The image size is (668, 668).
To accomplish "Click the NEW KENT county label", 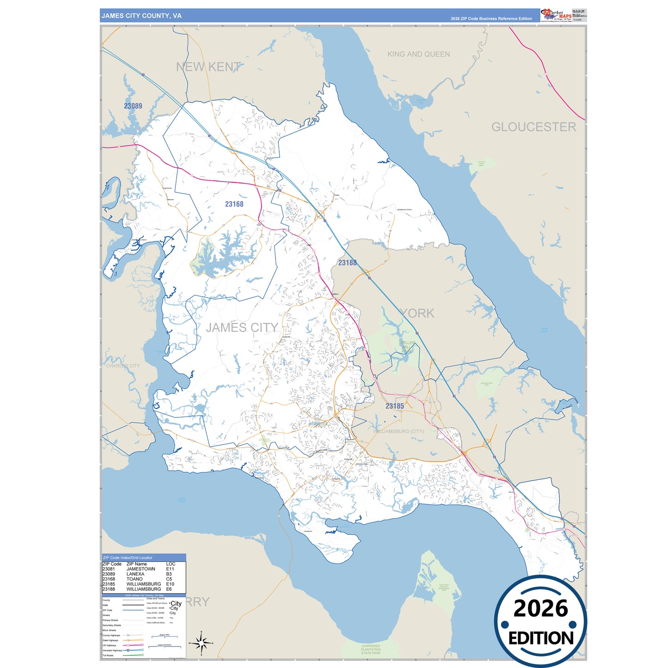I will click(208, 67).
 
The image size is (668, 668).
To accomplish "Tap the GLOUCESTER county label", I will click(533, 127).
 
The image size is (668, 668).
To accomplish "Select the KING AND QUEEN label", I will click(418, 54).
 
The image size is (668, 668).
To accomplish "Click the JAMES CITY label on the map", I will click(242, 328).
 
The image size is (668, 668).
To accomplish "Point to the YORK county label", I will click(417, 313).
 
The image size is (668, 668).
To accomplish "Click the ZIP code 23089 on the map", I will click(133, 106).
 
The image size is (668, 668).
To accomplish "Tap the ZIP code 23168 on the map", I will click(234, 204).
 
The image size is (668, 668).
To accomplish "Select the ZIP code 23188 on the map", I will click(347, 263).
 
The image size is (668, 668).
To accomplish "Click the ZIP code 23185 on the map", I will click(395, 406).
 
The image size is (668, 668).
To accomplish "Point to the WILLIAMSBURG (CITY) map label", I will click(398, 431).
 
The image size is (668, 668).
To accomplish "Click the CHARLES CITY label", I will click(123, 366).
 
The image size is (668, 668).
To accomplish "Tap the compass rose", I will click(201, 643).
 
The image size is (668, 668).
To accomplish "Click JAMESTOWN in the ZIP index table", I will click(141, 569).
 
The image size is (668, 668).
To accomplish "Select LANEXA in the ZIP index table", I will click(135, 574).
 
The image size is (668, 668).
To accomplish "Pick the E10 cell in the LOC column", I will click(170, 584).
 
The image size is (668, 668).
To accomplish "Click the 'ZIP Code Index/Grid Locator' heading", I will click(128, 558).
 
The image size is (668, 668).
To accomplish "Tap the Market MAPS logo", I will click(556, 15).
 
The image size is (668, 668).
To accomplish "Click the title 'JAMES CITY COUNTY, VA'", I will click(141, 16).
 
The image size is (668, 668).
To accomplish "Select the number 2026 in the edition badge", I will click(540, 608).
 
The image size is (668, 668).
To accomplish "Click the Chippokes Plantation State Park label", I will click(371, 649).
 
